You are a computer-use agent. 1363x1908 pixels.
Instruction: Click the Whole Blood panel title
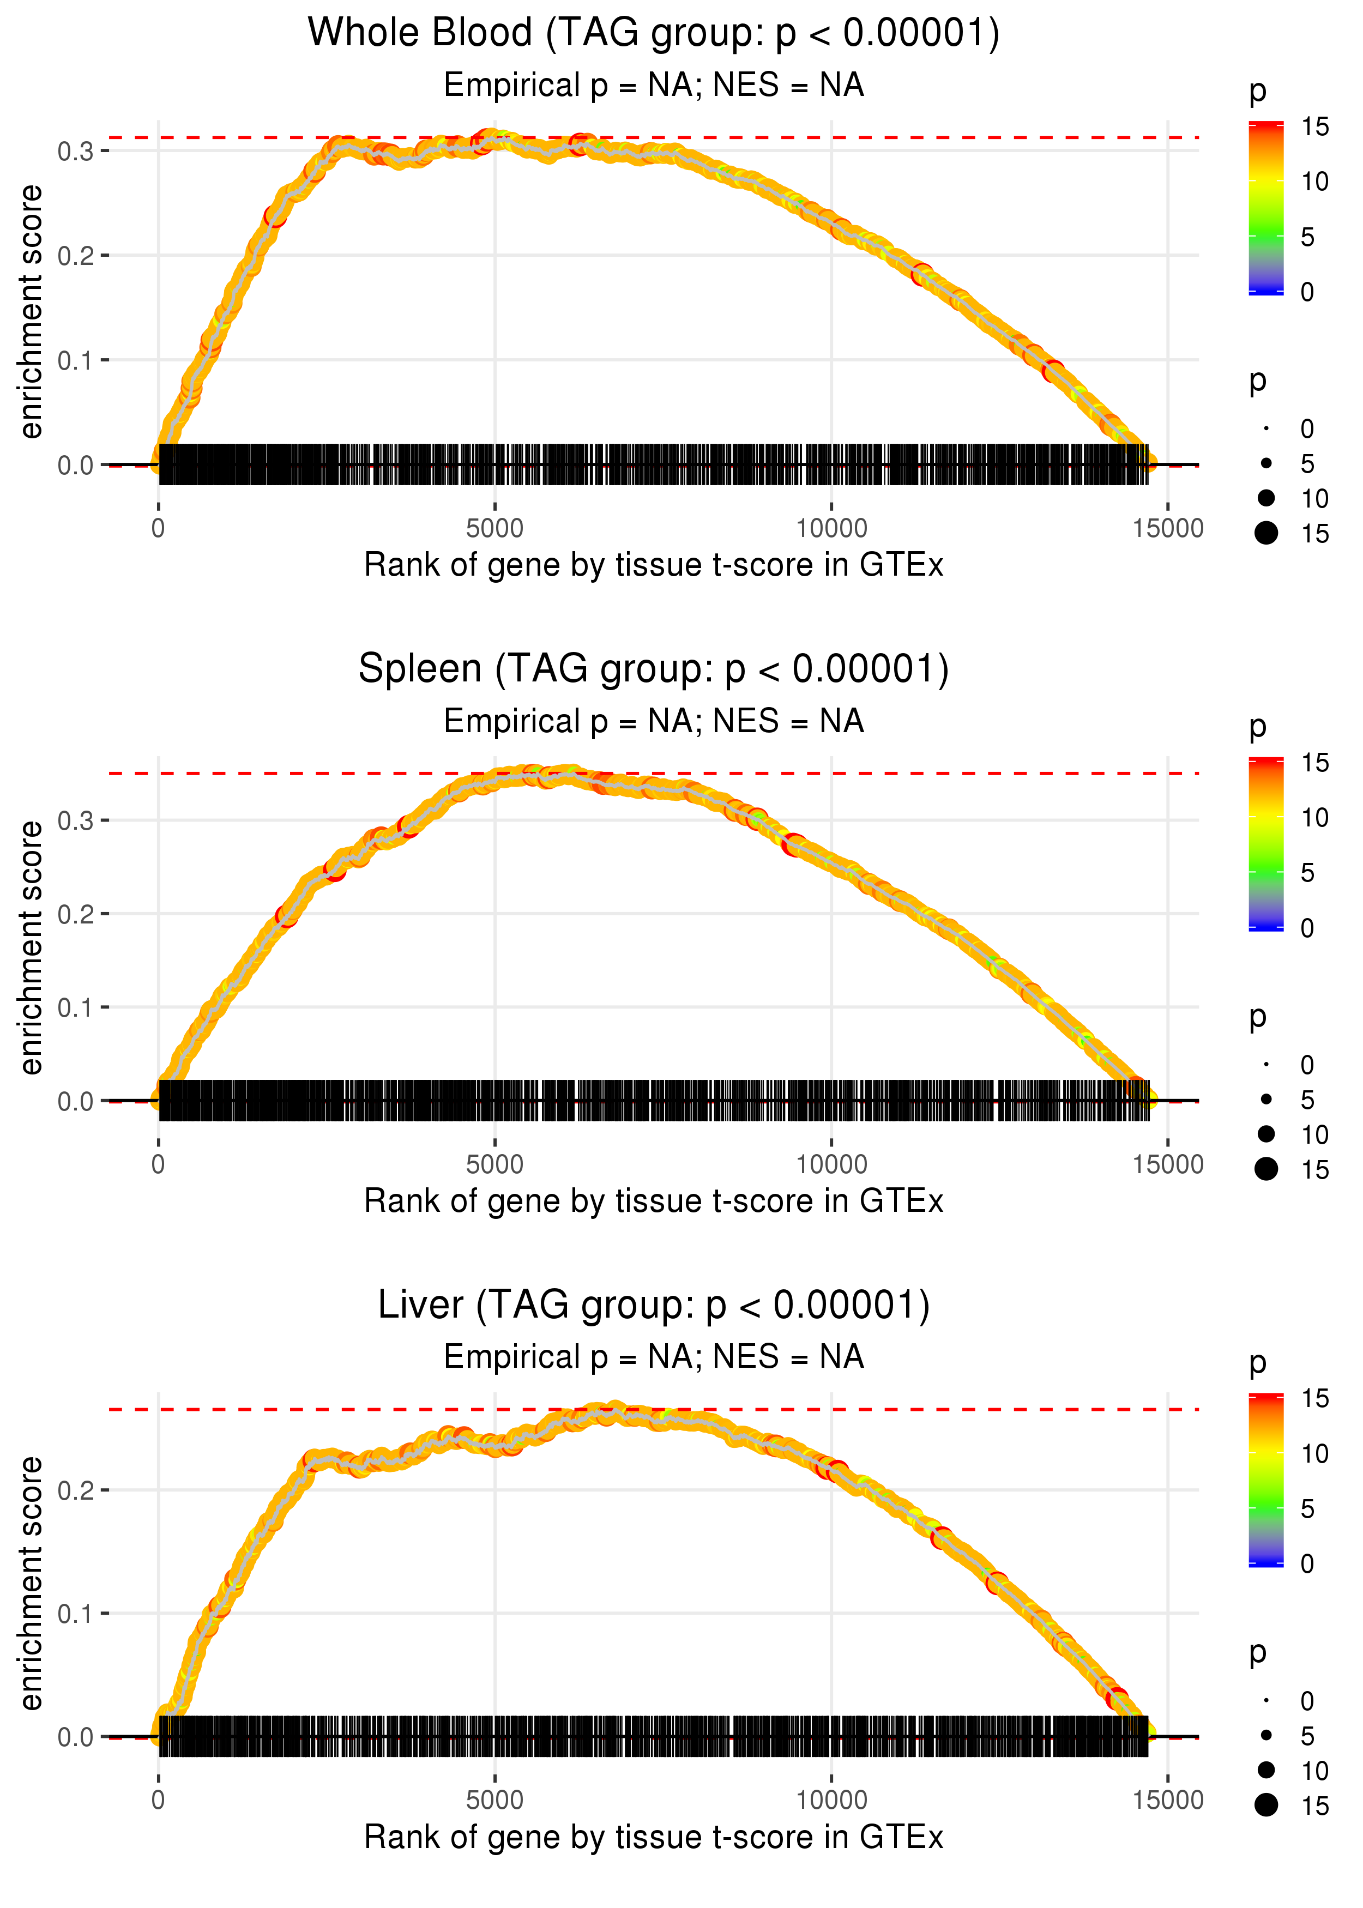pyautogui.click(x=654, y=33)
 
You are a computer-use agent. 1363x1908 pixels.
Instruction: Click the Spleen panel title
pyautogui.click(x=654, y=669)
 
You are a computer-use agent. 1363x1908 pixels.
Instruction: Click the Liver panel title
pyautogui.click(x=654, y=1305)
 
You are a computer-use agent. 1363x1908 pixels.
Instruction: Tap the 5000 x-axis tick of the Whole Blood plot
pyautogui.click(x=494, y=529)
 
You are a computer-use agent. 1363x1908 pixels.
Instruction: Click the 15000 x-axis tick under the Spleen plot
pyautogui.click(x=1167, y=1164)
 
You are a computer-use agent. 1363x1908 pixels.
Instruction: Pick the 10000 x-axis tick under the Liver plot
pyautogui.click(x=831, y=1801)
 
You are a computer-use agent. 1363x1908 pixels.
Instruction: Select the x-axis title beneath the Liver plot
pyautogui.click(x=654, y=1838)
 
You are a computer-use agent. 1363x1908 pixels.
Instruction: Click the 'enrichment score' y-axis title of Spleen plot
pyautogui.click(x=31, y=947)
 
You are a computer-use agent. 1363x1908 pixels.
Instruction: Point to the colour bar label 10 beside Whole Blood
pyautogui.click(x=1314, y=181)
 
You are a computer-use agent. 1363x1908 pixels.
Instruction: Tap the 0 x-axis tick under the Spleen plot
pyautogui.click(x=158, y=1164)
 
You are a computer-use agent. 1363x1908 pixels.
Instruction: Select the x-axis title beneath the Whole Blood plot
pyautogui.click(x=654, y=565)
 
